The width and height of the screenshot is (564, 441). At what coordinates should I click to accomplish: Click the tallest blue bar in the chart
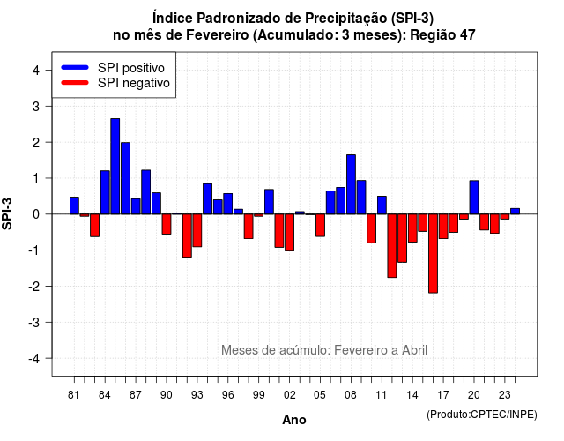click(115, 167)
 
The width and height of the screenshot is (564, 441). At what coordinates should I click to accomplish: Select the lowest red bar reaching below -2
click(433, 253)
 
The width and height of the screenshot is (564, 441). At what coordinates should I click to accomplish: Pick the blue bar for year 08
click(351, 184)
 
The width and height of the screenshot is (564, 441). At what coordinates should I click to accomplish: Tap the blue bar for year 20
click(474, 198)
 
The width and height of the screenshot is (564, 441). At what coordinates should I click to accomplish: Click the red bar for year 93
click(197, 230)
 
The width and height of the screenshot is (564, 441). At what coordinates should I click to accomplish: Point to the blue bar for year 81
click(74, 206)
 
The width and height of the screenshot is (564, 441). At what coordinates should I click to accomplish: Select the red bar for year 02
click(290, 233)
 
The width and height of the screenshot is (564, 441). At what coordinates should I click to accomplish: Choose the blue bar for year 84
click(105, 192)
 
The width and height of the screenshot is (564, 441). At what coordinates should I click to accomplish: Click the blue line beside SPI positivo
click(75, 67)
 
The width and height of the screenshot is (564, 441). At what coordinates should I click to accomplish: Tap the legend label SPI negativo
click(134, 83)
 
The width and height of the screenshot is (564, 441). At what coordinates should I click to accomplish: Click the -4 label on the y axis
click(34, 358)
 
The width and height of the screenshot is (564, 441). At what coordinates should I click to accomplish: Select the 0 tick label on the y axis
click(36, 214)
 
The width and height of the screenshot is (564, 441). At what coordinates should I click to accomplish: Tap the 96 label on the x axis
click(227, 395)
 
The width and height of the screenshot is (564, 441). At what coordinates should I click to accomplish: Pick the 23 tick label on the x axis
click(505, 395)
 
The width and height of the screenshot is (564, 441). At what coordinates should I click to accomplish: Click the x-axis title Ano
click(294, 420)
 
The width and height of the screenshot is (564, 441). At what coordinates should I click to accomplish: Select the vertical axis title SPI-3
click(7, 213)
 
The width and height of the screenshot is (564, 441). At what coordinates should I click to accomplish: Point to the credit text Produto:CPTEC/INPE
click(482, 415)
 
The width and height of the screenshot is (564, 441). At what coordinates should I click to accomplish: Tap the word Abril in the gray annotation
click(414, 350)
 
